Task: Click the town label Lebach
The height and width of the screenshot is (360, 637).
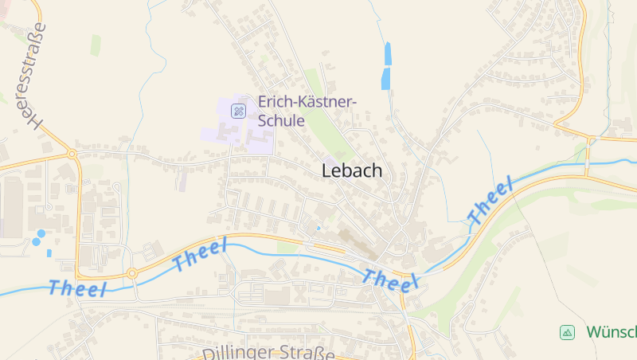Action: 352,170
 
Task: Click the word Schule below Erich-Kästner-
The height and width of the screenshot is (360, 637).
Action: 281,121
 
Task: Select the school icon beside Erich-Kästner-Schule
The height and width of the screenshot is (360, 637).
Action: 238,111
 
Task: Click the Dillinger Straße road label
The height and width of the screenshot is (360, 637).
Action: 268,351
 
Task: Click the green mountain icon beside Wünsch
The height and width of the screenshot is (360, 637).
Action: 567,332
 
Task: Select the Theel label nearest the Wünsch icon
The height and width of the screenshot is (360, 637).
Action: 489,202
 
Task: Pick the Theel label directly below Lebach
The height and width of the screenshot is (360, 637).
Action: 391,278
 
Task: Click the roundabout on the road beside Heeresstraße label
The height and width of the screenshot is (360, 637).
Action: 72,153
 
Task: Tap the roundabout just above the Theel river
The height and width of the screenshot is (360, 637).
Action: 132,273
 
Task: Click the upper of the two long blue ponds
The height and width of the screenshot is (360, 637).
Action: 389,54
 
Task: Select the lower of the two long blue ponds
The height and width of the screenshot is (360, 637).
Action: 386,78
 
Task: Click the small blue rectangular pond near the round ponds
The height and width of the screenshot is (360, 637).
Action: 49,252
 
